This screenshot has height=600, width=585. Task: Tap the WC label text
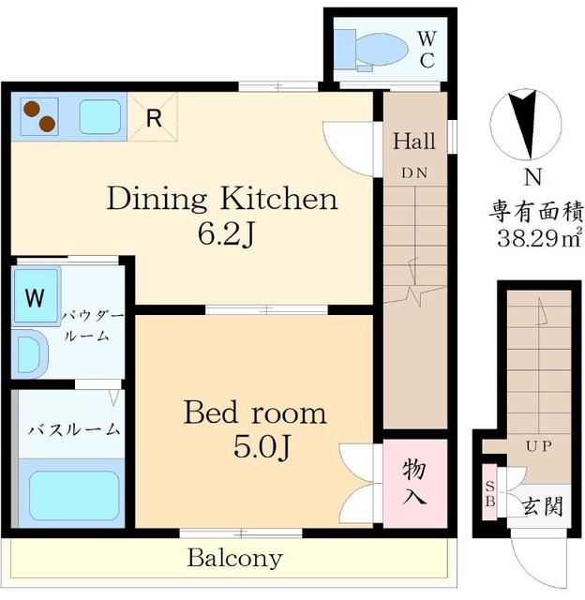(426, 49)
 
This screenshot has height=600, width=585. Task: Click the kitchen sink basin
(97, 117)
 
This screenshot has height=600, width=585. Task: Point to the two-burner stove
(36, 116)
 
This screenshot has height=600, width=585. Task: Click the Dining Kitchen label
(220, 199)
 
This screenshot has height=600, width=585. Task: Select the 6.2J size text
(221, 233)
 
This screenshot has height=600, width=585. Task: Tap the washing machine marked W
(35, 298)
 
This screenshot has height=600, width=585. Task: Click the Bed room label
(254, 412)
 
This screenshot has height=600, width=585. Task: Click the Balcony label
(234, 559)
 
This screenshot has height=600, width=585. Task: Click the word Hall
(413, 142)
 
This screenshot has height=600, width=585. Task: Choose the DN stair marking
(413, 172)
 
